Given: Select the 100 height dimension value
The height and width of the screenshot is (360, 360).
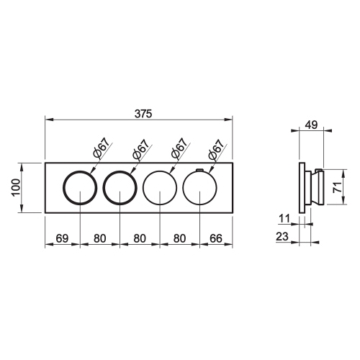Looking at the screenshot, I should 16,187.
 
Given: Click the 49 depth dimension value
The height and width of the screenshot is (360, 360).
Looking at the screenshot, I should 310,125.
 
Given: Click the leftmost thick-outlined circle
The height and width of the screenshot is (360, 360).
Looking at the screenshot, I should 79,188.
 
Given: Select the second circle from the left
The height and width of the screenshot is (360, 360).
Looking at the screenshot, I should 120,188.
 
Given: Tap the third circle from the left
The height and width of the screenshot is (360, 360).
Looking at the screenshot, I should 160,188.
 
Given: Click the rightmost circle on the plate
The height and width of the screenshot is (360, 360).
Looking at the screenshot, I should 199,188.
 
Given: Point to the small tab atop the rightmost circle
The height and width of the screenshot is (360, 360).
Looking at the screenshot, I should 199,169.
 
